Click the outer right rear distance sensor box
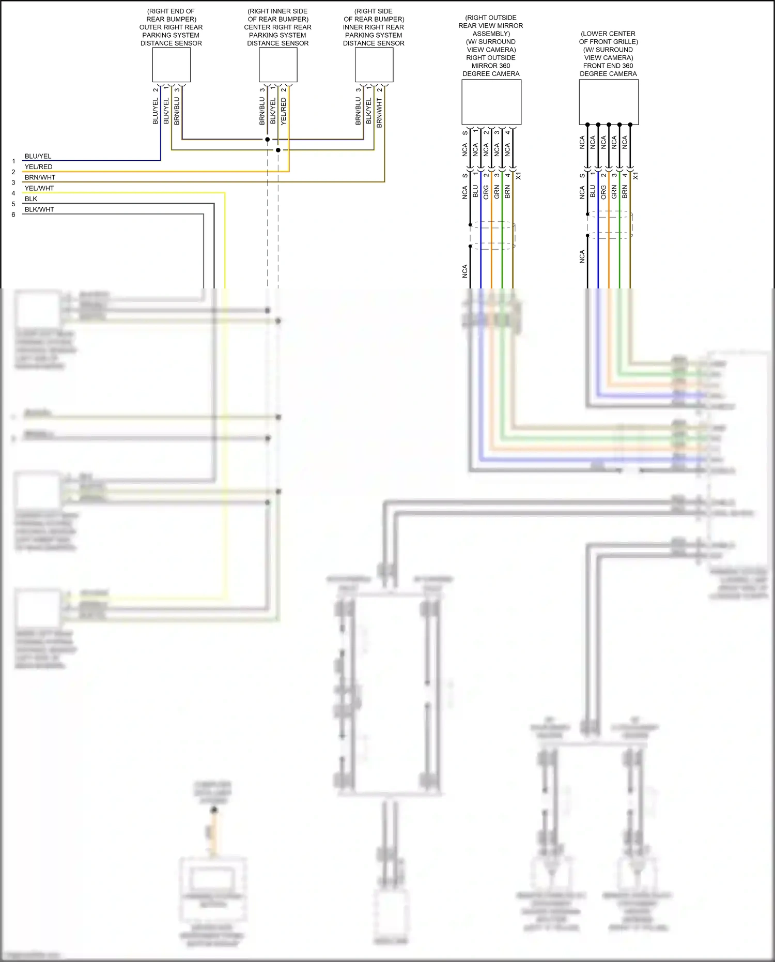(171, 65)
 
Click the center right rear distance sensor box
(278, 65)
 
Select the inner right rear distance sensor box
(374, 65)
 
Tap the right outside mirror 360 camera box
(491, 102)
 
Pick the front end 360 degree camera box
(609, 102)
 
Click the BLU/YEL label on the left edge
(38, 156)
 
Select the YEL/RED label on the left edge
(38, 167)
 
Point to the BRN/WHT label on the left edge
(40, 177)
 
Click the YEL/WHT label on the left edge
(39, 188)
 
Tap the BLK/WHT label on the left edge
(39, 209)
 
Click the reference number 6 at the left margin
(13, 215)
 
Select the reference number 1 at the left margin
(13, 161)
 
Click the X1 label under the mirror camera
(518, 176)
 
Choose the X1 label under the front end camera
(636, 176)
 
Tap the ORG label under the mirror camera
(486, 192)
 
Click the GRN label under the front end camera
(614, 192)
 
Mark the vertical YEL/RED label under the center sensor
(284, 112)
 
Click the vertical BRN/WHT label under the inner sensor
(380, 113)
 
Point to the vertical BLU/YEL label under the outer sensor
(156, 112)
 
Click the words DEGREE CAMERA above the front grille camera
(608, 74)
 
